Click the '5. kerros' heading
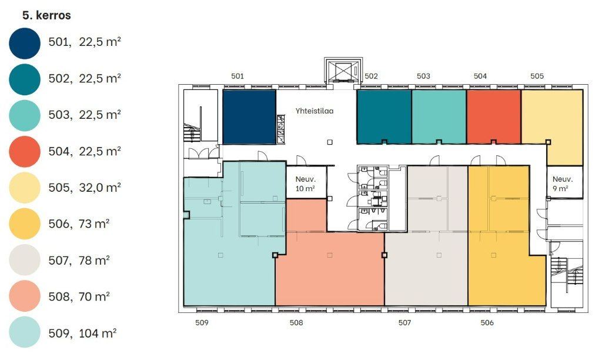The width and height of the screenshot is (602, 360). [x=46, y=15]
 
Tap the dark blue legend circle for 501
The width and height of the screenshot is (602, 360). [x=25, y=44]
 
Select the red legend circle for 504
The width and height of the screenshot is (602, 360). [x=25, y=151]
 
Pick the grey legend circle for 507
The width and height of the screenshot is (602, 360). [x=25, y=260]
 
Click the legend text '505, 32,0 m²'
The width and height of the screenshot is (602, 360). [x=85, y=188]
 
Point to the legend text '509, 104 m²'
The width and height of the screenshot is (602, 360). [x=82, y=333]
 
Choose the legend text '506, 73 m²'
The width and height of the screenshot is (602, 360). [x=79, y=224]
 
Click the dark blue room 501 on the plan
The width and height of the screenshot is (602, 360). [x=249, y=117]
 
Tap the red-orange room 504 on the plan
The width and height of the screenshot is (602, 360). [x=494, y=117]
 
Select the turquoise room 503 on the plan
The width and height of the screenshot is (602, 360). [x=439, y=117]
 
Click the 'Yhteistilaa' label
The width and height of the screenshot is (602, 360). [x=315, y=111]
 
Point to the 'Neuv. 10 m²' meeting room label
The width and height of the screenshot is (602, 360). [x=306, y=184]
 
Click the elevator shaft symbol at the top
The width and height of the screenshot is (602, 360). [x=343, y=71]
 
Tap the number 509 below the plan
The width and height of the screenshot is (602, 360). [x=202, y=323]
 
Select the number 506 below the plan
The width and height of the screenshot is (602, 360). [x=487, y=323]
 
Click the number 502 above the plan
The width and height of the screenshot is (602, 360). [x=372, y=76]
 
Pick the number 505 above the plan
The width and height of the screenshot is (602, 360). [x=537, y=76]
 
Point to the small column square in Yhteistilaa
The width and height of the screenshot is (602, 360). [x=330, y=142]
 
